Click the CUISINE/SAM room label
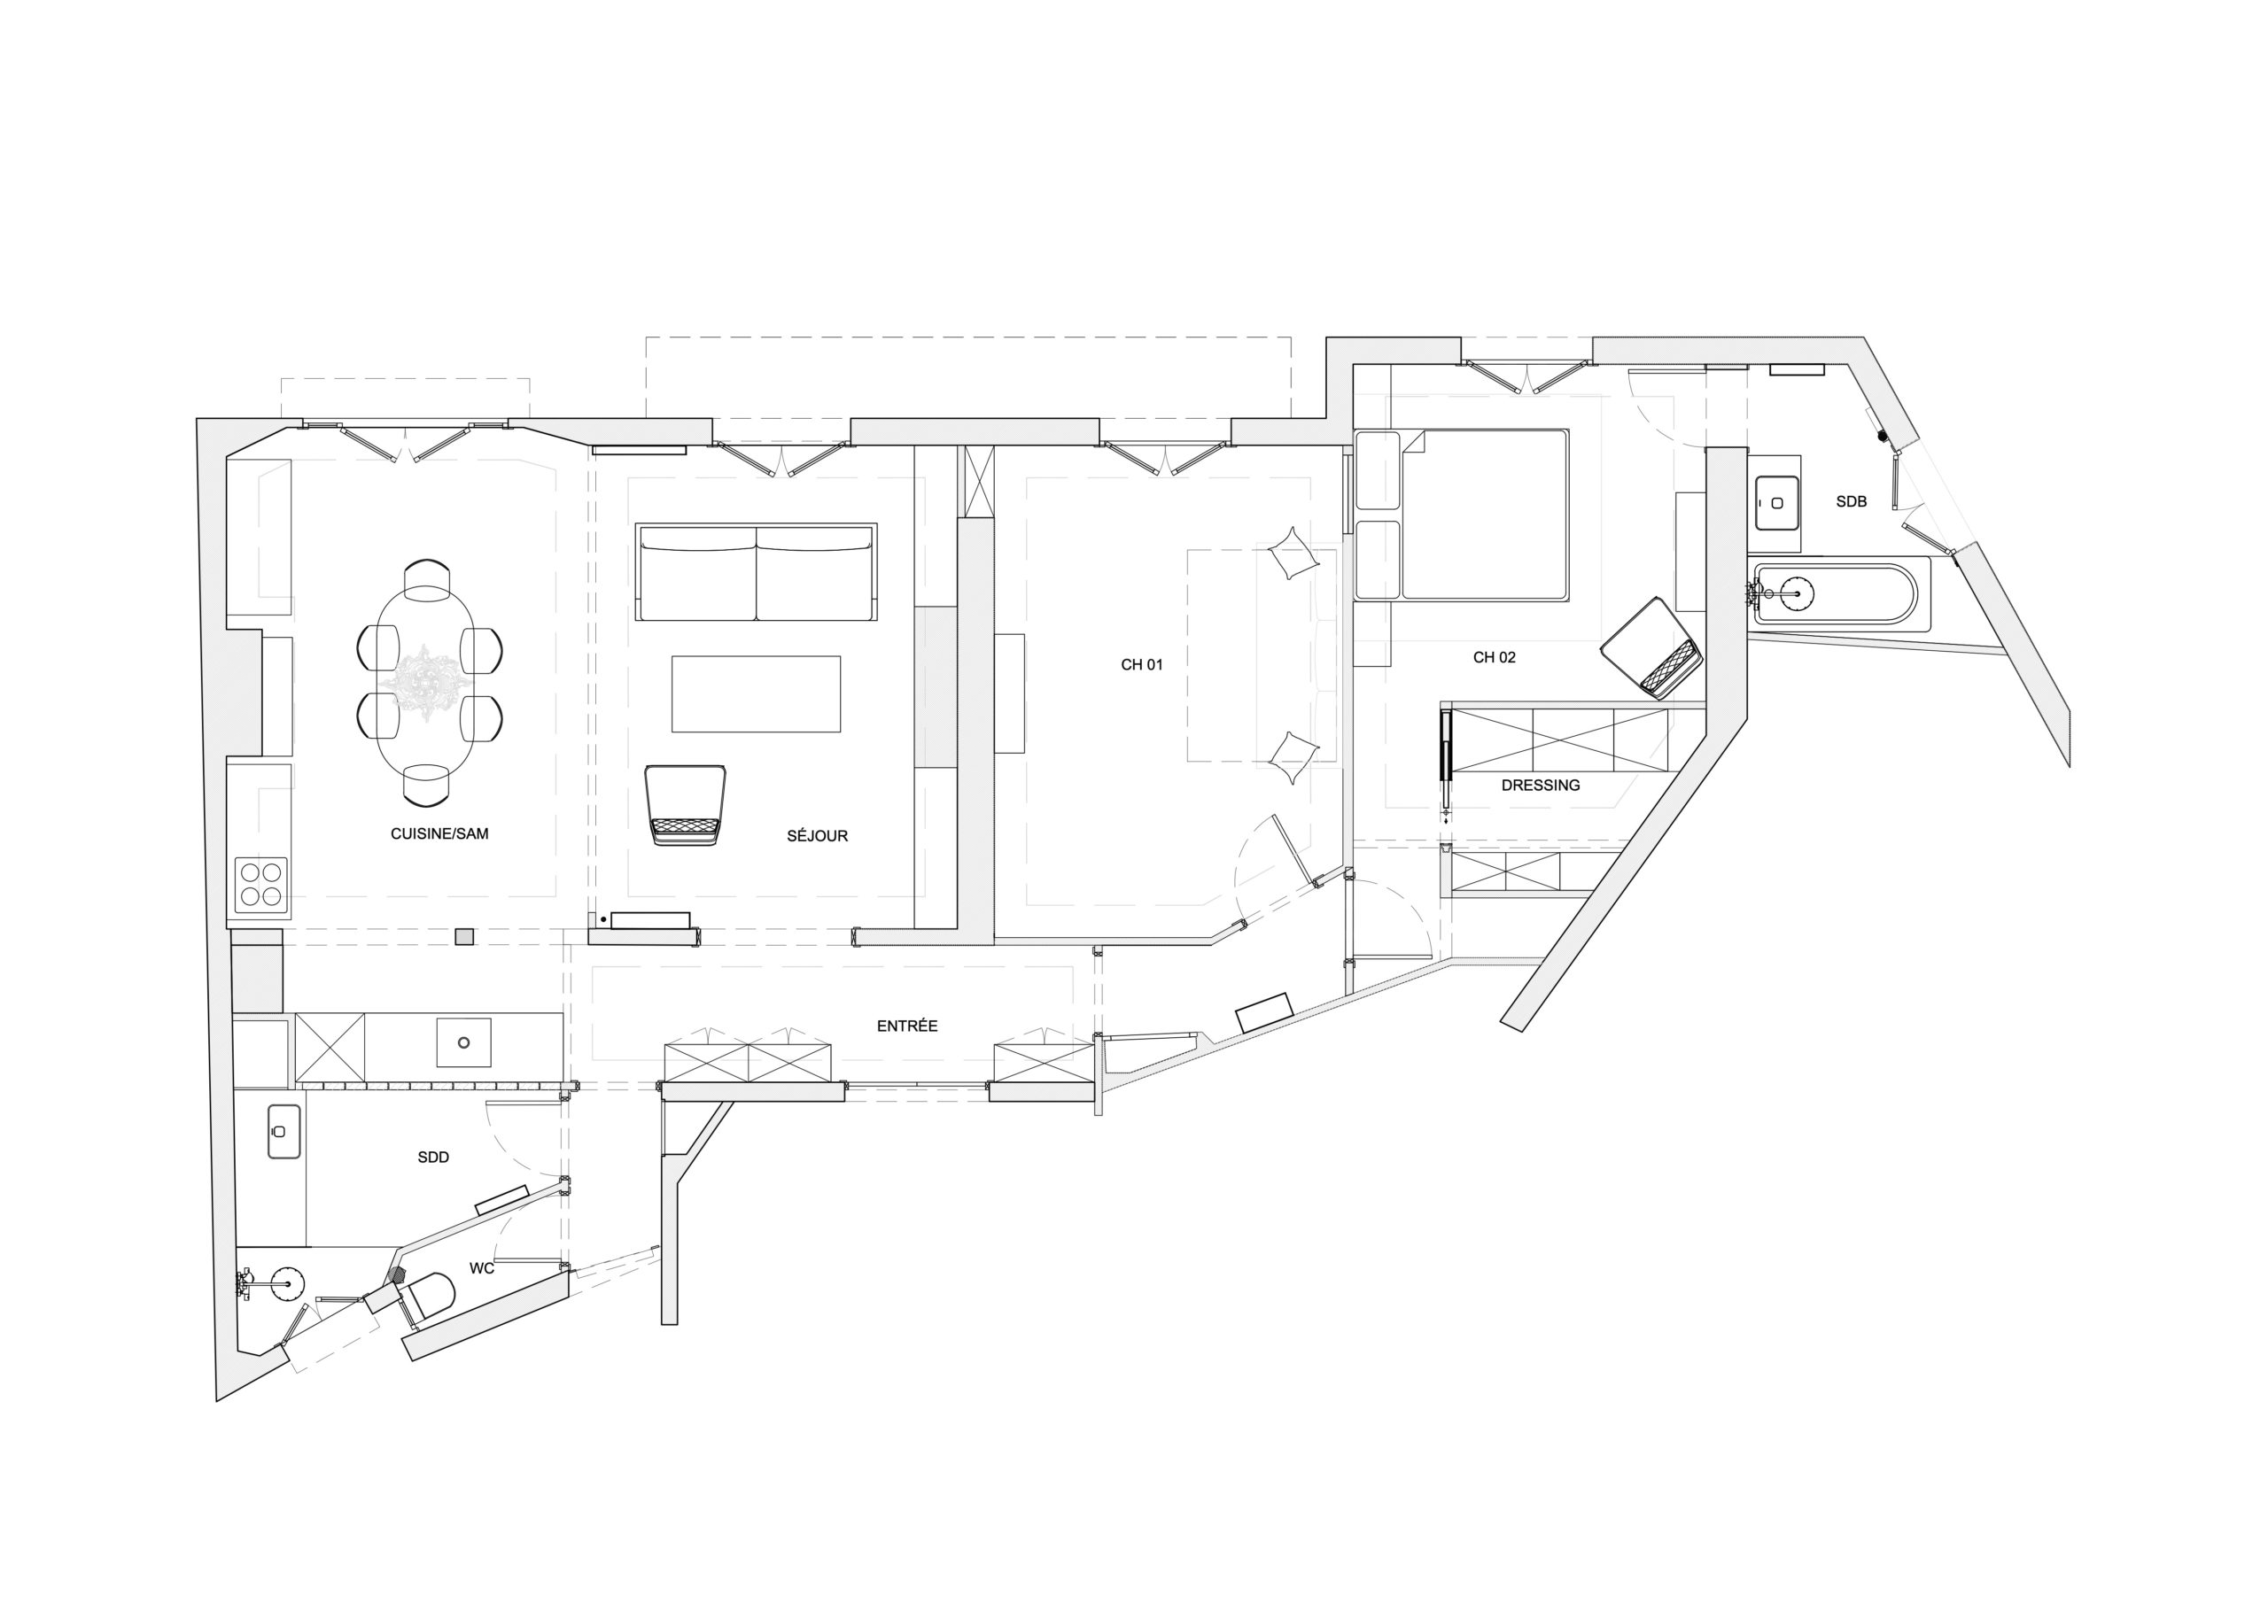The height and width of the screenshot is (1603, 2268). [439, 833]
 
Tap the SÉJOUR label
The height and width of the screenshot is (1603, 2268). [817, 835]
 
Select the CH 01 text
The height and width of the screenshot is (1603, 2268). [1141, 665]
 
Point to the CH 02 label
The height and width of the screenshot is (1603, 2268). [1494, 657]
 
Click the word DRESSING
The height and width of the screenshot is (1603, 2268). [1540, 786]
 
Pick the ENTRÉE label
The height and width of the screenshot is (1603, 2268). [907, 1026]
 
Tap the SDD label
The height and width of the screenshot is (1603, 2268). [432, 1157]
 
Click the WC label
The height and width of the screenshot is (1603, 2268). [481, 1268]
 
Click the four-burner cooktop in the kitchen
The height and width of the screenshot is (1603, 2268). [260, 884]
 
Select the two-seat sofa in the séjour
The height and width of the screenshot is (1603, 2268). [756, 572]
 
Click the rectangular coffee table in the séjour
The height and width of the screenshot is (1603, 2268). [756, 694]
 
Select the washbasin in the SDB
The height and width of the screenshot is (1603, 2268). [1776, 503]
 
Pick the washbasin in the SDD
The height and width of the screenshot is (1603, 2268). [283, 1131]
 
